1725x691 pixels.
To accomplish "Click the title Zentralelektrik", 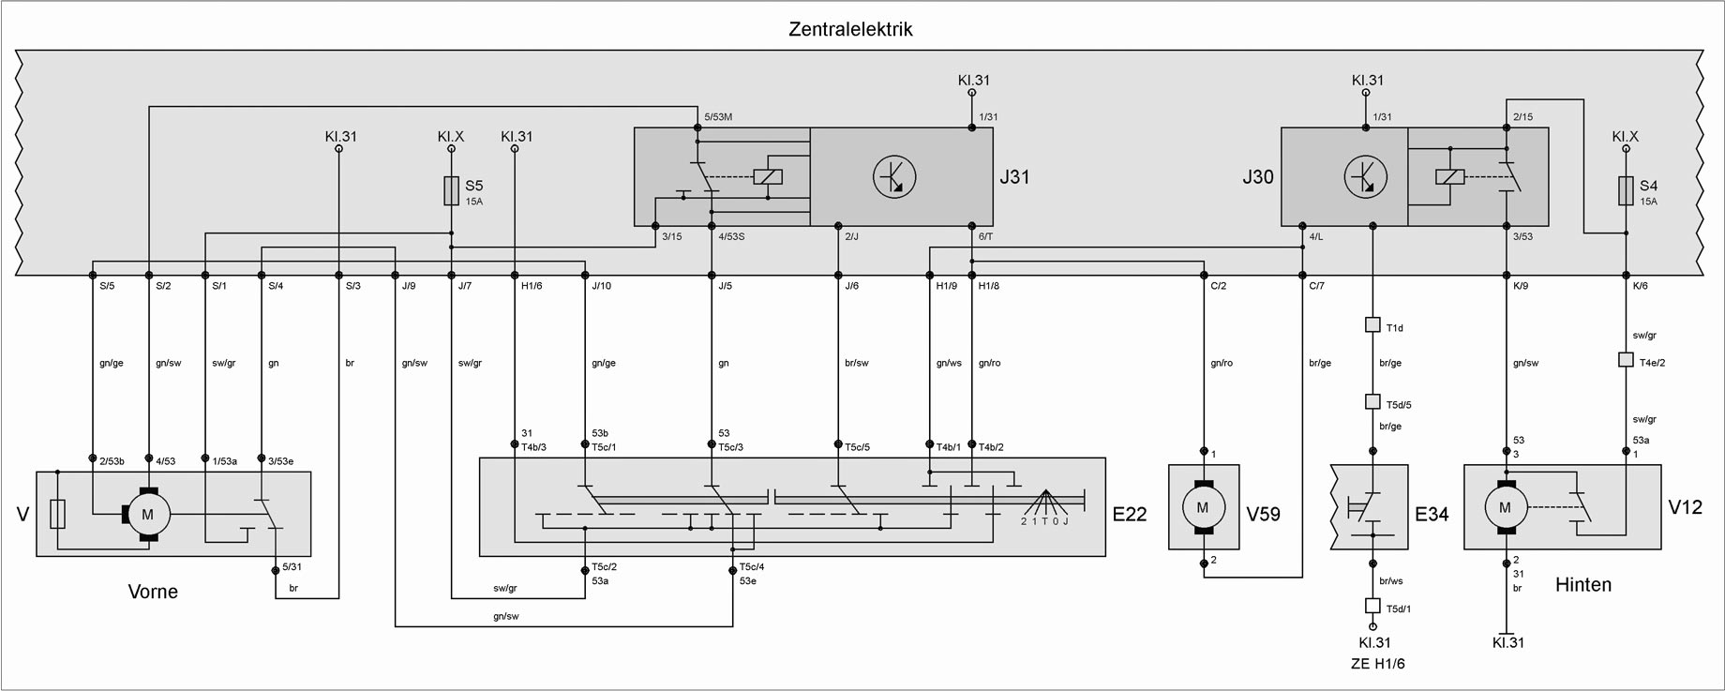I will [x=850, y=29].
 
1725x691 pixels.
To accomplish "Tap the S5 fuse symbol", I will [x=450, y=192].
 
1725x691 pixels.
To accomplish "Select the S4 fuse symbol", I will [x=1626, y=192].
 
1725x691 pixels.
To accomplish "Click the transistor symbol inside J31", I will [x=893, y=176].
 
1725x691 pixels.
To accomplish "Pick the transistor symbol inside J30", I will [x=1365, y=176].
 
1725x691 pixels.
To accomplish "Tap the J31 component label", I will [x=1014, y=176].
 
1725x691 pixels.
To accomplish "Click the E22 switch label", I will [x=1130, y=514].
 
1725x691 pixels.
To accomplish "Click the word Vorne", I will [x=153, y=592].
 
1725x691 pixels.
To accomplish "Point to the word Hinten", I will [x=1583, y=585].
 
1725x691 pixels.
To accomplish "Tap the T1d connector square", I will [x=1373, y=325].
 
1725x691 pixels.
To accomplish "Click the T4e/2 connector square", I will [x=1626, y=359].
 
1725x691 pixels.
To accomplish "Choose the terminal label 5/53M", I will [x=718, y=116].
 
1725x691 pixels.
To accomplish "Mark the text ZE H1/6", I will [x=1373, y=664].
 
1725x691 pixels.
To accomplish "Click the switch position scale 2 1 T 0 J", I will [x=1044, y=521].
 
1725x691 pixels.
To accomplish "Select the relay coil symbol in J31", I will [x=768, y=176].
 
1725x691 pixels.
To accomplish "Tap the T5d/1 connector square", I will [x=1373, y=606].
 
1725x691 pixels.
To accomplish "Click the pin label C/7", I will [x=1316, y=286].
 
